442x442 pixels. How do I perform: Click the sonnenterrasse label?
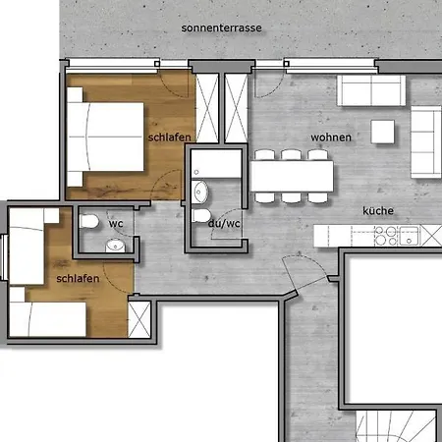coord(221,28)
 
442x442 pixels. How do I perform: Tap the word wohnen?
coord(331,138)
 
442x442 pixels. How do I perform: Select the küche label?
coord(378,210)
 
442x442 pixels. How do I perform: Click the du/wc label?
coord(224,224)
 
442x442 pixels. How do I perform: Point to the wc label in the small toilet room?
coord(116,224)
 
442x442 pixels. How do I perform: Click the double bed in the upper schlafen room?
coord(105,137)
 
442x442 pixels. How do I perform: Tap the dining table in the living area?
coord(292,176)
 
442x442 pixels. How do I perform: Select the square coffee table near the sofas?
coord(382,132)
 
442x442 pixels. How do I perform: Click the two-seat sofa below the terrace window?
coord(371,90)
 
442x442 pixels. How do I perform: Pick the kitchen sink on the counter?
coord(409,236)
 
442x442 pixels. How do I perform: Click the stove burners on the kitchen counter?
coord(386,236)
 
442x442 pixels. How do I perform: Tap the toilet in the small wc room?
coord(88,221)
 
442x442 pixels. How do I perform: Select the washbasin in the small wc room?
coord(115,246)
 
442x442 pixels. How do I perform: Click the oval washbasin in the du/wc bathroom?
coord(199,192)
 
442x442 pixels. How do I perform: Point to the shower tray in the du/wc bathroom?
coord(216,164)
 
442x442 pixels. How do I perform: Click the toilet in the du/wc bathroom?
coord(201,216)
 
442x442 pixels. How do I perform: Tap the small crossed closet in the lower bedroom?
coord(139,319)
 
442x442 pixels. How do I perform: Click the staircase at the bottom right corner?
coord(396,426)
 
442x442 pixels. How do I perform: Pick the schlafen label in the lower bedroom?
coord(78,279)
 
